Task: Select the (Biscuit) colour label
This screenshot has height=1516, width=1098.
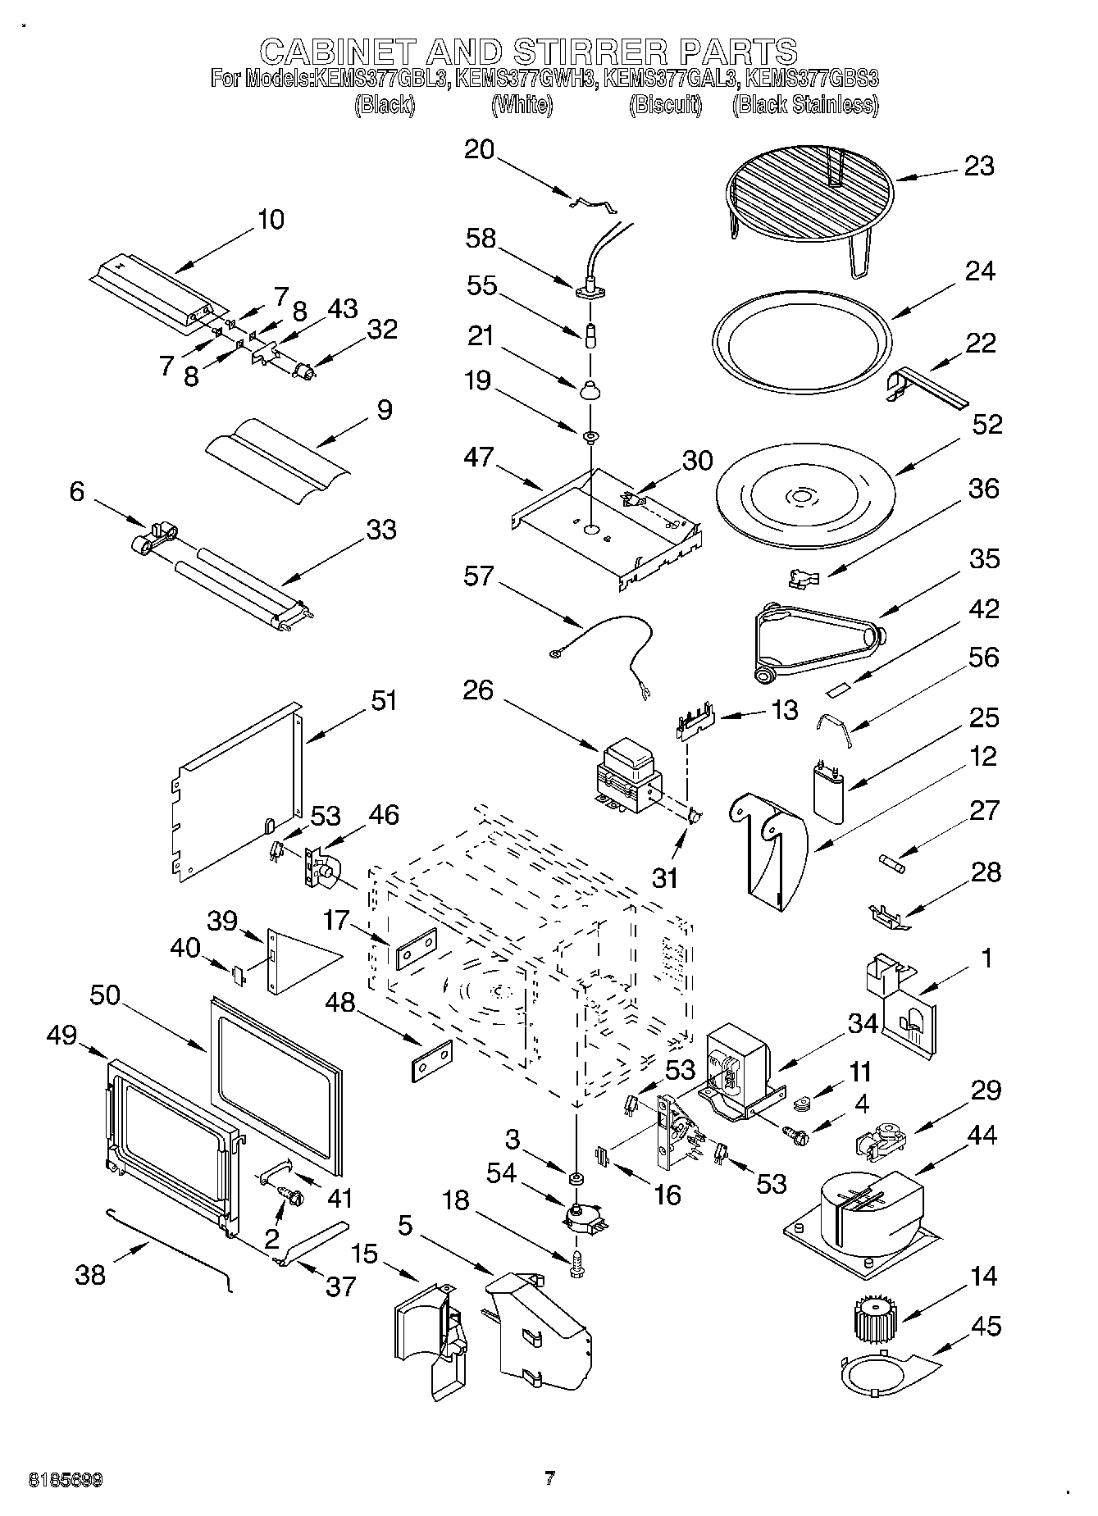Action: click(x=666, y=105)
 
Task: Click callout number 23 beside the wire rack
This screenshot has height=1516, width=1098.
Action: click(x=978, y=166)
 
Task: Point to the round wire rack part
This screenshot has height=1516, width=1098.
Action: click(x=808, y=197)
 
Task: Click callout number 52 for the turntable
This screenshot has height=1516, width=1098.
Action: click(x=987, y=425)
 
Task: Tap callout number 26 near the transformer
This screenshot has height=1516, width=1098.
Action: click(x=478, y=690)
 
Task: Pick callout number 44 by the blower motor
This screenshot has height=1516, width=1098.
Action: click(x=982, y=1136)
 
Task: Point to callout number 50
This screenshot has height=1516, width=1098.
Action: click(x=105, y=996)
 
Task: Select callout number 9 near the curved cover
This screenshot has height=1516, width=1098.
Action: click(x=383, y=410)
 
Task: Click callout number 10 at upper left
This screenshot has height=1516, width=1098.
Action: click(x=271, y=220)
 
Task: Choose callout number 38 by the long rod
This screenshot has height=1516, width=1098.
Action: click(x=90, y=1275)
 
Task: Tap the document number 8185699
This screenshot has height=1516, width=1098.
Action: click(x=66, y=1480)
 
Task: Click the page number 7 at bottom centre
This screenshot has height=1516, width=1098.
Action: click(x=549, y=1478)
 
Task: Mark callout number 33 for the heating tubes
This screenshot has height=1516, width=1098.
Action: click(x=381, y=530)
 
